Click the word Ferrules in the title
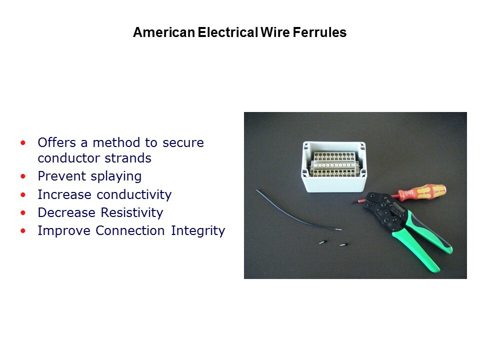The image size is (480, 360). (319, 32)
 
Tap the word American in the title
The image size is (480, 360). (164, 32)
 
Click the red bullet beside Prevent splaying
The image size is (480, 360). (23, 176)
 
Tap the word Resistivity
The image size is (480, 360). (132, 213)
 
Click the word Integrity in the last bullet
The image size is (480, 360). (198, 231)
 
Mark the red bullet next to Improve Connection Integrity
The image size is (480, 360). (23, 231)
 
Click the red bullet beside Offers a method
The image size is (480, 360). (23, 142)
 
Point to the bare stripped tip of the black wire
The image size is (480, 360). (338, 228)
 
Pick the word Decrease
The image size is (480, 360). (66, 213)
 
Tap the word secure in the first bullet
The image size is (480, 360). (183, 142)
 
